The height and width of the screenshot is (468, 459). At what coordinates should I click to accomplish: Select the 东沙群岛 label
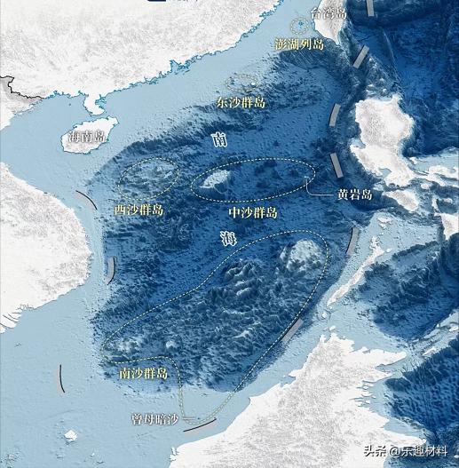click(x=241, y=103)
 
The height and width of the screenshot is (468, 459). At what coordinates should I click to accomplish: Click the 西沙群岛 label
click(x=139, y=209)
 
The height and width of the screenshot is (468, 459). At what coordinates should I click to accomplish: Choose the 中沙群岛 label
click(x=253, y=213)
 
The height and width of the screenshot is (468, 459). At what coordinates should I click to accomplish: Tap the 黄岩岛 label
click(x=353, y=194)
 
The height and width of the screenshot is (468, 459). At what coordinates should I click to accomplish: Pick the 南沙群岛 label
click(x=143, y=375)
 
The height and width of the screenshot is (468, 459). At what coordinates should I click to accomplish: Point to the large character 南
click(x=220, y=139)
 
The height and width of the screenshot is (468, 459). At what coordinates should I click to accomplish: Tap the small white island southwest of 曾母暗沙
click(x=70, y=435)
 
